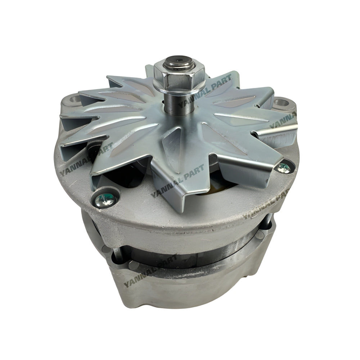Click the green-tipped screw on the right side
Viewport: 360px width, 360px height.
click(x=283, y=167)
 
